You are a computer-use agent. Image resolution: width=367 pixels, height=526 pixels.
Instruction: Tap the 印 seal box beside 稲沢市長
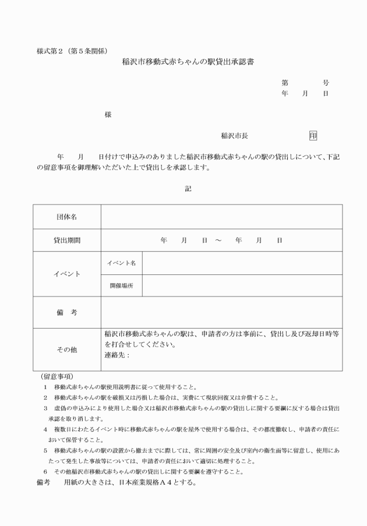click(313, 136)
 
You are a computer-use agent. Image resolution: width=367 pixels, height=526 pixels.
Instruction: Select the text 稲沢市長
click(234, 136)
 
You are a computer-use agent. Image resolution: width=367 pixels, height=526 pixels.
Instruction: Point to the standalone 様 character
click(108, 115)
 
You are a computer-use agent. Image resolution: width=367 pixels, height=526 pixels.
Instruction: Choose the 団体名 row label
click(67, 217)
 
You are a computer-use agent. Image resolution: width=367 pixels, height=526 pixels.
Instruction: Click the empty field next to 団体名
click(221, 217)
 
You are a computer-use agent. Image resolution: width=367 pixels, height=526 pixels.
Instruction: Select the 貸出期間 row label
click(67, 240)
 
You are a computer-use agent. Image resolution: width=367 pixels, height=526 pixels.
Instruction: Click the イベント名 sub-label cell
click(121, 263)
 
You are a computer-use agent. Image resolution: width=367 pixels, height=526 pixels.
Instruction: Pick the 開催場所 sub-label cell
click(121, 285)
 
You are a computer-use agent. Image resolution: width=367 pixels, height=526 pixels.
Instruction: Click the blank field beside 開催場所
click(242, 285)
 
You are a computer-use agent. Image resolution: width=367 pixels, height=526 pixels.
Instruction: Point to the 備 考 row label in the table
click(67, 312)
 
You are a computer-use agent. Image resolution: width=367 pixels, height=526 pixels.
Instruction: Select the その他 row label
click(67, 350)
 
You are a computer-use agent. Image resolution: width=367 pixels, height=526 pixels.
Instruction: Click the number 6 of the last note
click(45, 471)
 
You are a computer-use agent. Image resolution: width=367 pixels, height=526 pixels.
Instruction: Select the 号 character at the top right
click(325, 83)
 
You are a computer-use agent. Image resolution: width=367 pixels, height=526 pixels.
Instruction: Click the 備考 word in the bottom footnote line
click(44, 482)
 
